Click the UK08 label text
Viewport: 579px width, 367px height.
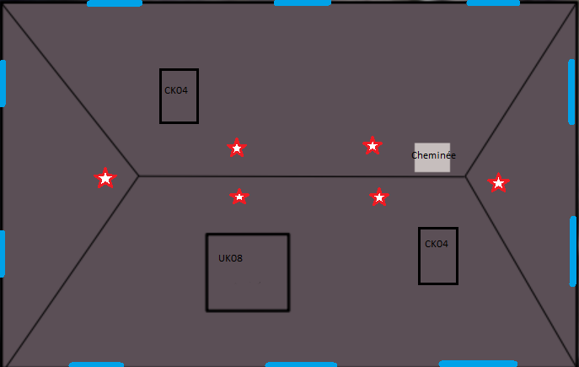[230, 258]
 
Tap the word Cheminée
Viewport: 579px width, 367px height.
[433, 155]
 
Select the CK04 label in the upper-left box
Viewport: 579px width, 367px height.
[176, 90]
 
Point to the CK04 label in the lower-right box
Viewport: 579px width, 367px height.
[437, 245]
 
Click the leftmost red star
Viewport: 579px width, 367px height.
[105, 178]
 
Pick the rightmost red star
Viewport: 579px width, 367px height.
[498, 182]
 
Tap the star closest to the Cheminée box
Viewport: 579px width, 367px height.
[372, 146]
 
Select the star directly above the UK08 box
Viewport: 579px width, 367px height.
[239, 197]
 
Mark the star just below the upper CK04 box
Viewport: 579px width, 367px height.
[237, 148]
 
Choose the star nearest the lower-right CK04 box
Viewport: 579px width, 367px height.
[379, 197]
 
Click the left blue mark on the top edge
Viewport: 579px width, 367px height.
[115, 3]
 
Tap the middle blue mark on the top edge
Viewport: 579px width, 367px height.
[303, 3]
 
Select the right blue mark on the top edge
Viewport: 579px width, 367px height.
[493, 3]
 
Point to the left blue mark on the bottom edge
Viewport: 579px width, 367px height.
[96, 364]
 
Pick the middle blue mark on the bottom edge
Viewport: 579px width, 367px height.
[301, 364]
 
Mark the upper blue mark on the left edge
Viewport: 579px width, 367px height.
[3, 83]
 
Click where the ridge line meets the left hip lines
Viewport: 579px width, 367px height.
[138, 176]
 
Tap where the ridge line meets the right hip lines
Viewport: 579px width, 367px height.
[466, 177]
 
